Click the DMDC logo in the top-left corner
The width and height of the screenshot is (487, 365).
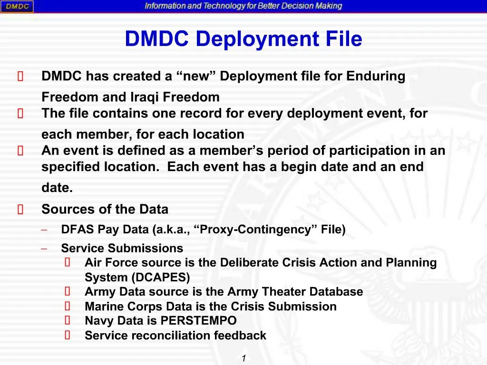[x=17, y=7]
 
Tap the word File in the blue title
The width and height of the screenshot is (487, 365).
[x=344, y=39]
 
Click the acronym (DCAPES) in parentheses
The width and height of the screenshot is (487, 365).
[x=161, y=278]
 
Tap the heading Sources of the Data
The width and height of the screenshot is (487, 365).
[x=105, y=209]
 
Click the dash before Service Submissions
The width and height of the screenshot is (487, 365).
[x=44, y=249]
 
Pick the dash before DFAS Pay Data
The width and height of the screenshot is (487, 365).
[x=44, y=230]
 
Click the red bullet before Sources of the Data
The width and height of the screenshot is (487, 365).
[x=20, y=210]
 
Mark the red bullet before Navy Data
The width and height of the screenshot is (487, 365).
[x=68, y=321]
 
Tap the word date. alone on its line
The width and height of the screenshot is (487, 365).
[x=57, y=188]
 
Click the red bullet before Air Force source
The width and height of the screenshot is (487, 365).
[x=68, y=263]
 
